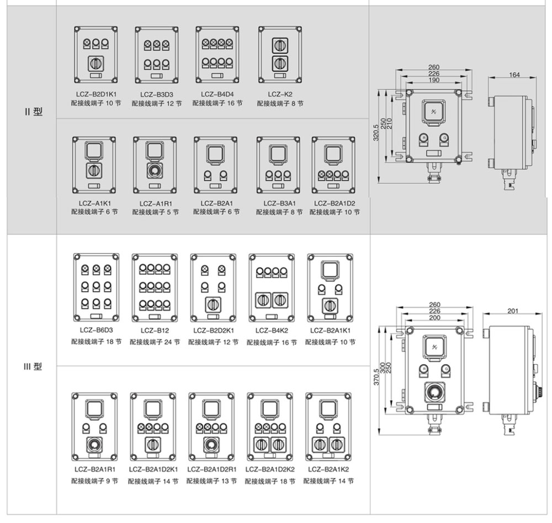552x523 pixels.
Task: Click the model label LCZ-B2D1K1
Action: click(97, 94)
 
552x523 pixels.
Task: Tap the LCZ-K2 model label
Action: click(280, 94)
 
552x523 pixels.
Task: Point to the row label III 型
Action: click(33, 367)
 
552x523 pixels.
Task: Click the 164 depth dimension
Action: click(514, 75)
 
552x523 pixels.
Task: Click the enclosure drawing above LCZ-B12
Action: click(155, 288)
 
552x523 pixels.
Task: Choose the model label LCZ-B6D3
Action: click(96, 330)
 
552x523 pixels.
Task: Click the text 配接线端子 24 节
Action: click(155, 342)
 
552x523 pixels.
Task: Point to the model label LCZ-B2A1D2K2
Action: click(270, 469)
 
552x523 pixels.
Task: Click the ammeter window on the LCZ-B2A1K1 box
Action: click(330, 270)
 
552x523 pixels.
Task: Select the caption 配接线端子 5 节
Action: click(155, 212)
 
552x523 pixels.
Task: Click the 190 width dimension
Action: click(434, 81)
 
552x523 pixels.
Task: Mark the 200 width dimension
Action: click(434, 318)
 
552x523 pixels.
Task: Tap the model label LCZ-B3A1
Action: click(279, 203)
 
